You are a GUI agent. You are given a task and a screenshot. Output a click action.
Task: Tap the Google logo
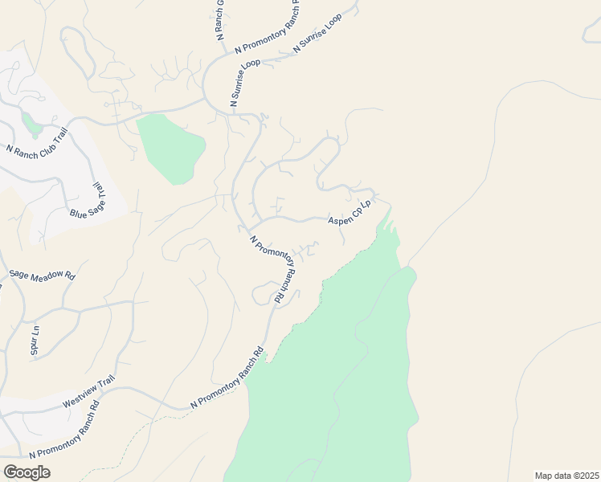pyautogui.click(x=27, y=472)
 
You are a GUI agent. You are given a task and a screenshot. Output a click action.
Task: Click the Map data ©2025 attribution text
pyautogui.click(x=566, y=476)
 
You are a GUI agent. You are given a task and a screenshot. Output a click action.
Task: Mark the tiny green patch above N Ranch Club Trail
pyautogui.click(x=31, y=124)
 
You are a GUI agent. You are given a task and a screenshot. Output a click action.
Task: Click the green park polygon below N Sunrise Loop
pyautogui.click(x=170, y=148)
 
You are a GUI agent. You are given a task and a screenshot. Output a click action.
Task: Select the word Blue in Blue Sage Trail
pyautogui.click(x=78, y=214)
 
